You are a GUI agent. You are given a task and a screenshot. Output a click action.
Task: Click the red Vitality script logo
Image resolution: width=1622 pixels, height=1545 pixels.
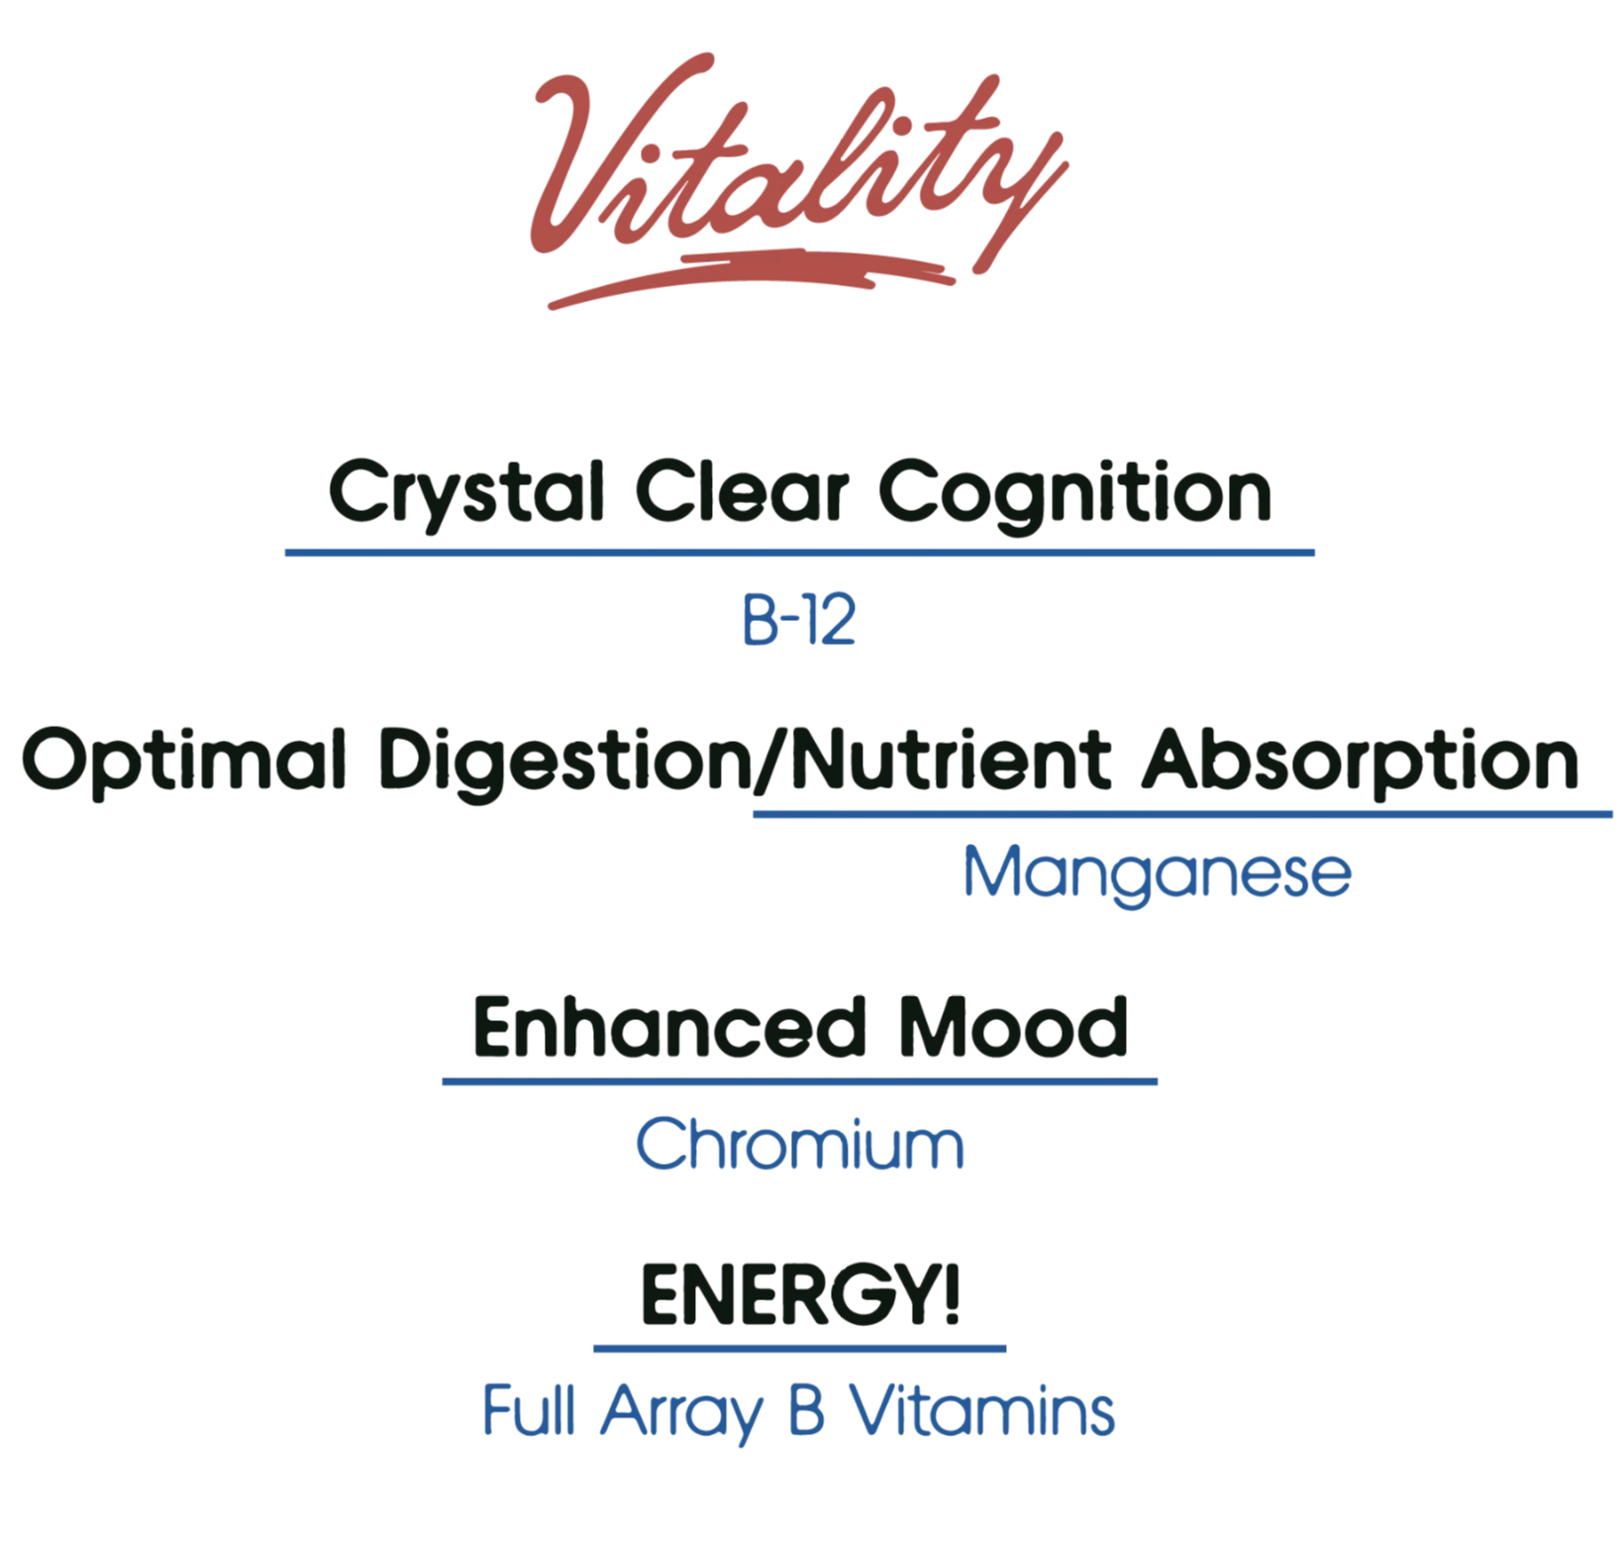point(798,178)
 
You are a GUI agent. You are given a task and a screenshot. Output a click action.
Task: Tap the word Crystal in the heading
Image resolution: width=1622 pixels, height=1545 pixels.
point(466,493)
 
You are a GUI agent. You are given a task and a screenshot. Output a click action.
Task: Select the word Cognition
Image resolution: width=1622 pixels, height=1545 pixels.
point(1074,493)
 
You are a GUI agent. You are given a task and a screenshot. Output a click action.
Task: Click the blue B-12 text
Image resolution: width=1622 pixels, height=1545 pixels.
point(799,621)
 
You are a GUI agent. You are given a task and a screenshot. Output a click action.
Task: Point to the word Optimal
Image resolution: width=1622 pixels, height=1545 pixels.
point(184,761)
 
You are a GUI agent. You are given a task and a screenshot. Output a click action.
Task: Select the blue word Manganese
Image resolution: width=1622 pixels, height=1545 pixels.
point(1158,874)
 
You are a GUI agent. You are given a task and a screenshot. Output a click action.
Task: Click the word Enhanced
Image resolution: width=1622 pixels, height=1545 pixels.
point(669,1027)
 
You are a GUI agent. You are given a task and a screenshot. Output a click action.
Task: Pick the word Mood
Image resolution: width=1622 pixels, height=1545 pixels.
point(1013,1027)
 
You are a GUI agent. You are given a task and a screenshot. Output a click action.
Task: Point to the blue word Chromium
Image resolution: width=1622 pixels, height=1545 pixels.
point(799,1144)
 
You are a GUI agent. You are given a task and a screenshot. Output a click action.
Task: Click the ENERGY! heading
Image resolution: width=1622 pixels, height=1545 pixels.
point(800,1293)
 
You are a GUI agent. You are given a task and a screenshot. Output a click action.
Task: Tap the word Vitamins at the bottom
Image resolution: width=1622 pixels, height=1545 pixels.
point(982,1410)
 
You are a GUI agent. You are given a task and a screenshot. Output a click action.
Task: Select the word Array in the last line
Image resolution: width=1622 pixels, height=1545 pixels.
point(681,1413)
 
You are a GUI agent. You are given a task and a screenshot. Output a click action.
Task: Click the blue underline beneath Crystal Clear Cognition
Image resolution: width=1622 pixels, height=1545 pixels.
point(800,553)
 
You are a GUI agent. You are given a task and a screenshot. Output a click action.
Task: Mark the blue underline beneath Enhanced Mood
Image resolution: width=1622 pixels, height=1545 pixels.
point(800,1081)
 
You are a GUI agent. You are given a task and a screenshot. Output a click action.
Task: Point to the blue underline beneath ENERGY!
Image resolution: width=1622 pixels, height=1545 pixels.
point(800,1348)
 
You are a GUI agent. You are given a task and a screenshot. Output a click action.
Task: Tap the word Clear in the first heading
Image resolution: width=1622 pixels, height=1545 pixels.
point(742,493)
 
